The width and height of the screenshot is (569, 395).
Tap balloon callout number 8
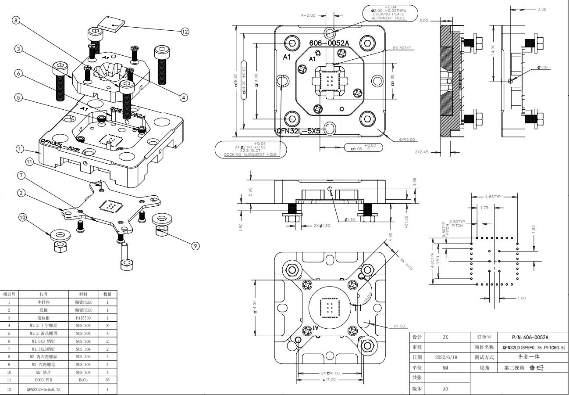(x=16, y=20)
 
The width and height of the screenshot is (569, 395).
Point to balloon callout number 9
(x=196, y=246)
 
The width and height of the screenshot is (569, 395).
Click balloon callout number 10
(x=22, y=217)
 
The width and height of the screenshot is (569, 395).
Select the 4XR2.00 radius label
(x=406, y=140)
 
